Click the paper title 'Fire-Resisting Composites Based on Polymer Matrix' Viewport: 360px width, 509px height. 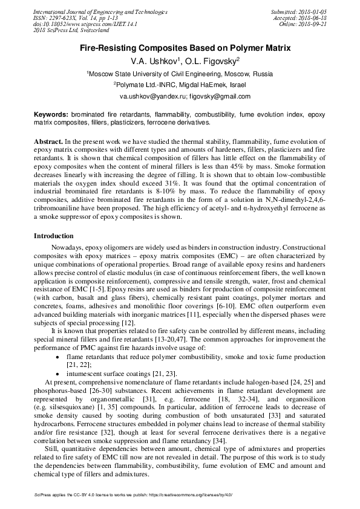point(180,47)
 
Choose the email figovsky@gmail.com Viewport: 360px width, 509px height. point(203,97)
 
